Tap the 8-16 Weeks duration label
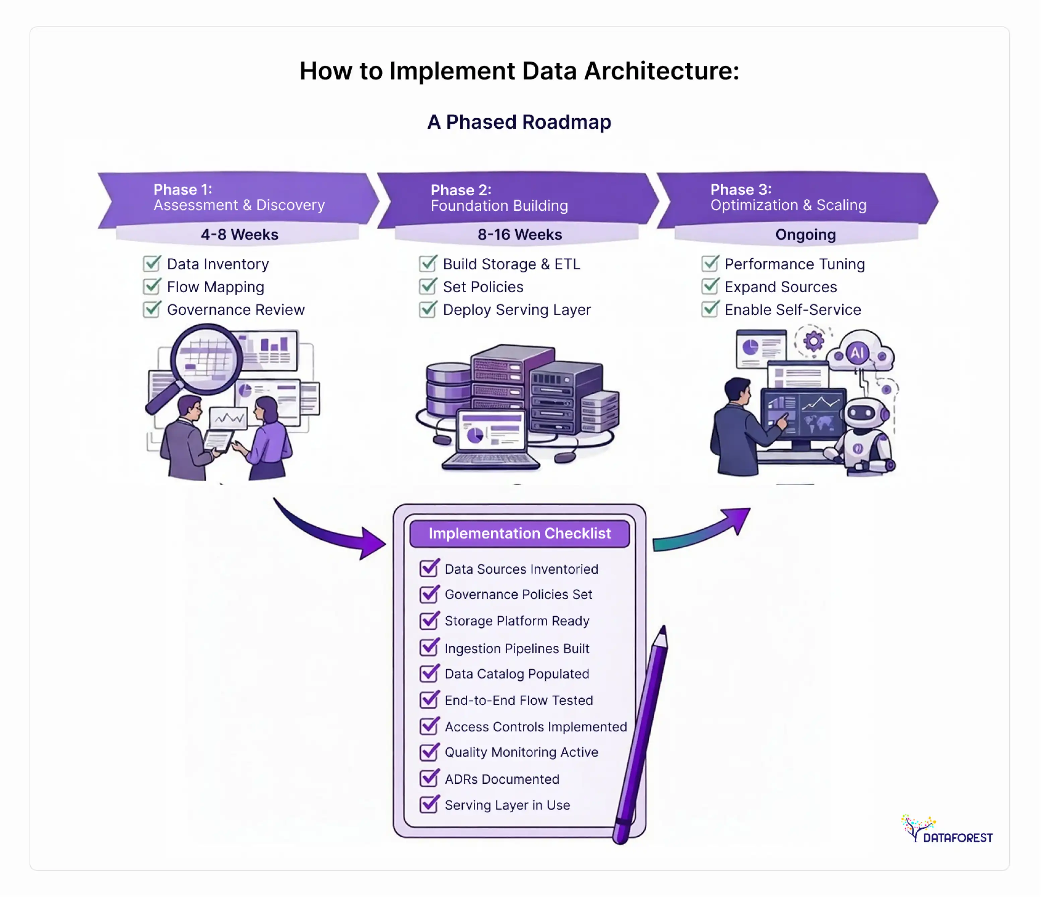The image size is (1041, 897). click(520, 235)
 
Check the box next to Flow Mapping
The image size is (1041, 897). click(152, 286)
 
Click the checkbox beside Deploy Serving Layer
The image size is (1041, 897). click(428, 309)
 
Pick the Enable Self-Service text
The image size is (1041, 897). click(792, 310)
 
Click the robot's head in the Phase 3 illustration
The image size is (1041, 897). click(863, 413)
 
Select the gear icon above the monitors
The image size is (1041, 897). click(814, 341)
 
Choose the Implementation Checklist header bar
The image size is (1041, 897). click(520, 533)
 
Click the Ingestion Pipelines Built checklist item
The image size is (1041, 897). click(517, 648)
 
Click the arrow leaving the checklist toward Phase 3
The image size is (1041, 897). click(703, 533)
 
